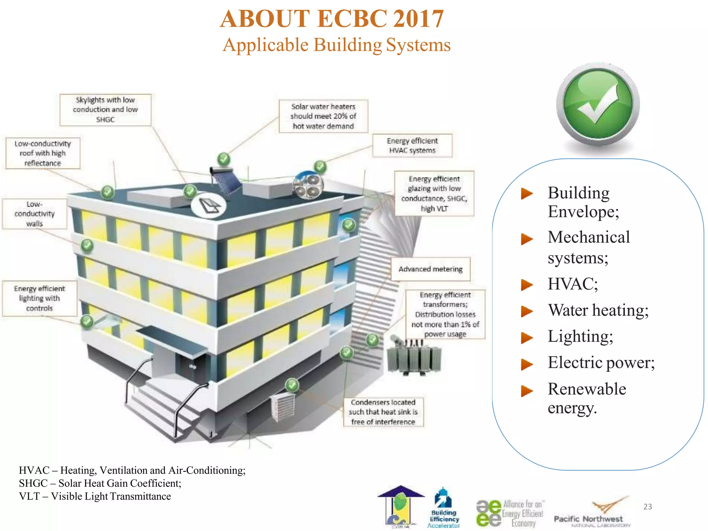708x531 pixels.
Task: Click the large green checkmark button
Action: [x=598, y=104]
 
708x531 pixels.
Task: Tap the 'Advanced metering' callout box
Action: [x=430, y=269]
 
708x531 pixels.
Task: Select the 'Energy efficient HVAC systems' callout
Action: [x=412, y=146]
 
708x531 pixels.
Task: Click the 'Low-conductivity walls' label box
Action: [x=35, y=214]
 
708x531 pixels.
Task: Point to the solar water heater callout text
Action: [x=323, y=116]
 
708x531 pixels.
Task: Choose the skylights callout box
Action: [x=105, y=110]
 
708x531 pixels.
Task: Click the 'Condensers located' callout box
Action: [x=383, y=412]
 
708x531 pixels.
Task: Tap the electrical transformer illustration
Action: [x=413, y=358]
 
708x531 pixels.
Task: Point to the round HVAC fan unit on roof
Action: [x=308, y=186]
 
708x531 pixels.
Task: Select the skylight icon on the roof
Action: [x=208, y=206]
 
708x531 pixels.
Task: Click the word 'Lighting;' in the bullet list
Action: [x=580, y=336]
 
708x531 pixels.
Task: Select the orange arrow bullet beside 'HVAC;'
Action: [x=527, y=285]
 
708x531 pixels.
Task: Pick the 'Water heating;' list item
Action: [x=598, y=310]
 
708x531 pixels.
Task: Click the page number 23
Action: [x=648, y=506]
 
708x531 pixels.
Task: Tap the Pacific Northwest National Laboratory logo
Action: [x=592, y=513]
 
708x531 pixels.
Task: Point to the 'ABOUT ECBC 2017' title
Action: [x=332, y=19]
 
